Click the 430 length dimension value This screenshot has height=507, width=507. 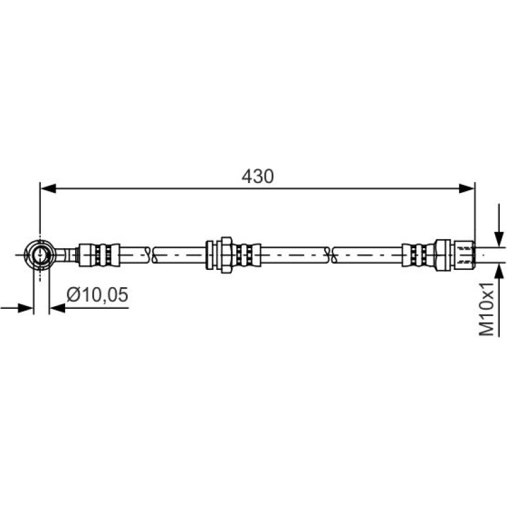[x=257, y=176]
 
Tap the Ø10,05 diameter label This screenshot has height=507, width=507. [x=97, y=294]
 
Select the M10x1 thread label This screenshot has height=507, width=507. [x=486, y=309]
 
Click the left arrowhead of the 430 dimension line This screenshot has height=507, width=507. [x=48, y=188]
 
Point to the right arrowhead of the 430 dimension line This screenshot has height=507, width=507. [x=467, y=188]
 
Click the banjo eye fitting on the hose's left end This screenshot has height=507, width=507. [x=40, y=254]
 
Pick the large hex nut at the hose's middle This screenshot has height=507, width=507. [x=227, y=255]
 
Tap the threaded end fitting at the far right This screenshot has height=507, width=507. [x=464, y=255]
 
